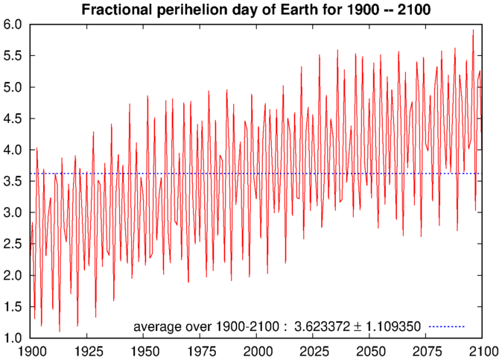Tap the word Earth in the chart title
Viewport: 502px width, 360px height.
click(x=308, y=10)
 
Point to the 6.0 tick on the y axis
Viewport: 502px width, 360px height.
click(x=14, y=25)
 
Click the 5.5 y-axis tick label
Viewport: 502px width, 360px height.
click(x=14, y=56)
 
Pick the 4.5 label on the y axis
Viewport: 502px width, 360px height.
click(x=14, y=119)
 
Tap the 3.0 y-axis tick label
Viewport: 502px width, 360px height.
click(x=14, y=212)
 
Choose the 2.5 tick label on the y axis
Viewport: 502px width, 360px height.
click(x=14, y=244)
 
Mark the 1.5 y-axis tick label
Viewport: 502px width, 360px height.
click(x=14, y=307)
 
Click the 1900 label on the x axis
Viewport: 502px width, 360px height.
click(x=31, y=350)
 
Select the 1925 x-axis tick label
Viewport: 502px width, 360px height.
click(x=87, y=350)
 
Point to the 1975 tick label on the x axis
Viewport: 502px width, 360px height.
click(x=200, y=350)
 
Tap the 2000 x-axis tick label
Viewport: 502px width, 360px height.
click(x=257, y=350)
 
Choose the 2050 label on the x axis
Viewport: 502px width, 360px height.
click(x=369, y=350)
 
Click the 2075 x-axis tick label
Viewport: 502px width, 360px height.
click(x=426, y=350)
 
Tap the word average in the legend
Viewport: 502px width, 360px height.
click(x=155, y=326)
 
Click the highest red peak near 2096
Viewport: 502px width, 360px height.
click(x=473, y=31)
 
